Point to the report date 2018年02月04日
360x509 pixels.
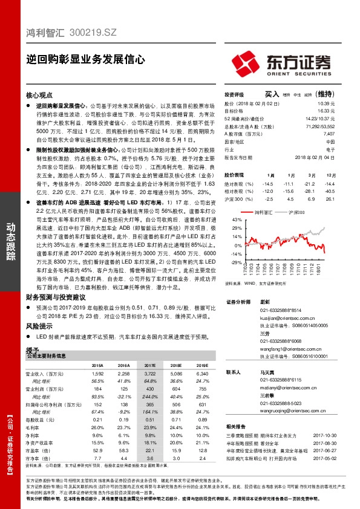pos(318,157)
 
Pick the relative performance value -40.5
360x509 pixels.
pos(329,191)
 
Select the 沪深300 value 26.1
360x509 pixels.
pos(330,199)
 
